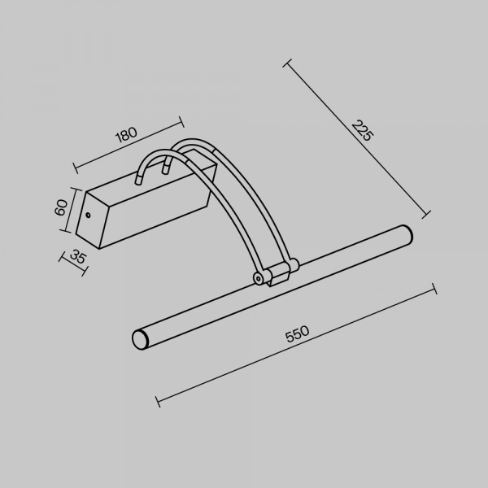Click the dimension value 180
point(126,134)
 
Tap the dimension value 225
point(362,131)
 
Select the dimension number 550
point(297,334)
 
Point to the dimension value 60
point(61,207)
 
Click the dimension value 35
point(77,256)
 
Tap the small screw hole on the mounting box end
point(88,215)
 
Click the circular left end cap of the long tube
point(140,339)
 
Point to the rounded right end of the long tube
point(407,234)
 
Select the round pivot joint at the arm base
point(259,278)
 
